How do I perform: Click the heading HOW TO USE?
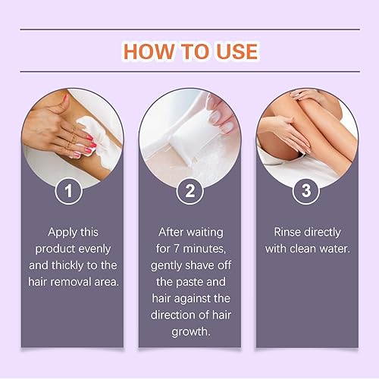[x=190, y=51]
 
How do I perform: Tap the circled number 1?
[x=73, y=189]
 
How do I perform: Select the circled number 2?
[x=189, y=189]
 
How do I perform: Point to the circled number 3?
[x=306, y=189]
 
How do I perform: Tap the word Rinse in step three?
[x=290, y=232]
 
